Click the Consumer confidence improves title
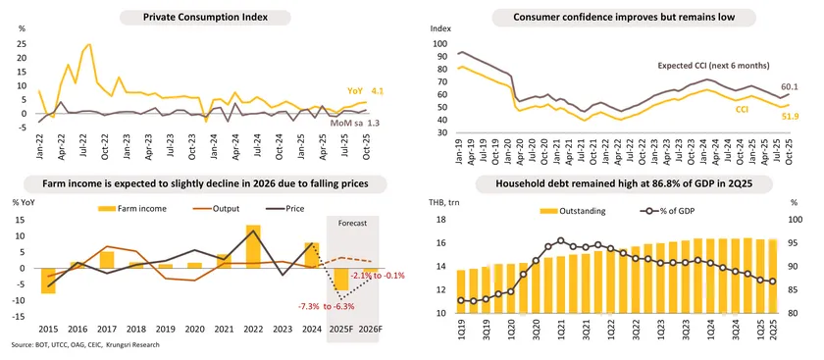(x=613, y=18)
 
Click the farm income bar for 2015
(x=48, y=281)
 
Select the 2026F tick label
(x=371, y=328)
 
